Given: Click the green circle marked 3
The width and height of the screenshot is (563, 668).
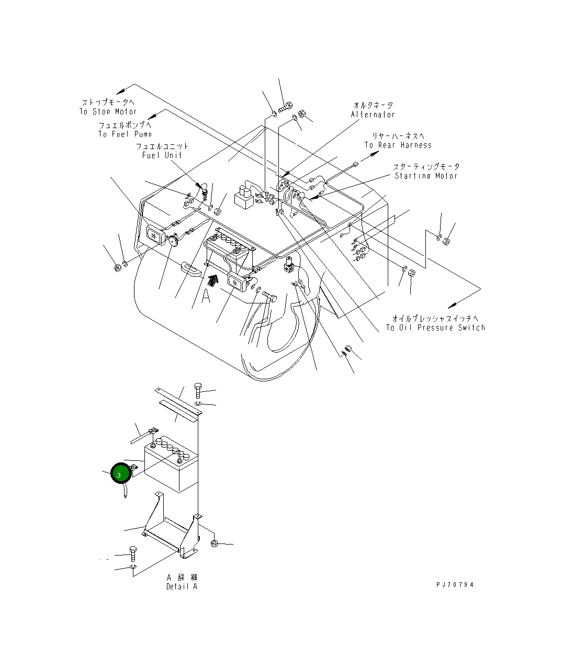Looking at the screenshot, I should [119, 474].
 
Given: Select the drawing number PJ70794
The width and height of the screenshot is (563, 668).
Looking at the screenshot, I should [455, 585].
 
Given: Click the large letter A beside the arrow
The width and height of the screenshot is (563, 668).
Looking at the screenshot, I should [206, 296].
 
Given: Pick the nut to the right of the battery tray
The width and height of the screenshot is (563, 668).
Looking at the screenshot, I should [213, 544].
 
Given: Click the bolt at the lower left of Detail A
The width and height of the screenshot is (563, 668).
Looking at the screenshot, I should [132, 552].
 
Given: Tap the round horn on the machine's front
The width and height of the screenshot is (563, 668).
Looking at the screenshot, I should [172, 241].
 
